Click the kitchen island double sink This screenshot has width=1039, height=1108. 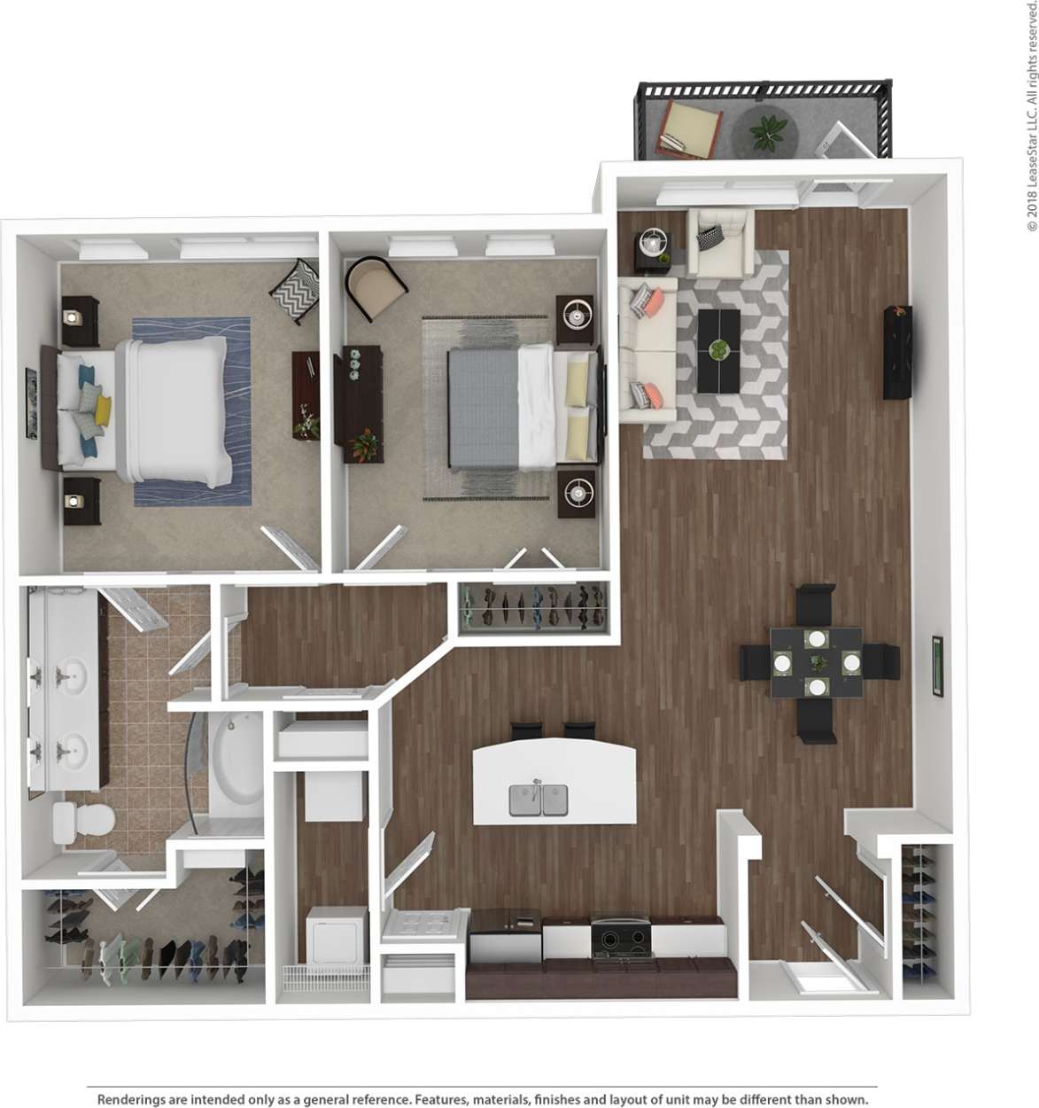[538, 800]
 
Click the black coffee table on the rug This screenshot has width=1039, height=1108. [718, 350]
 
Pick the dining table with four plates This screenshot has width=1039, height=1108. [816, 662]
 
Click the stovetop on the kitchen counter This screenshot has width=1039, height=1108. [621, 937]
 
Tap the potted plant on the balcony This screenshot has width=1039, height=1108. [767, 133]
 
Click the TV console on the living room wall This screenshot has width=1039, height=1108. [896, 352]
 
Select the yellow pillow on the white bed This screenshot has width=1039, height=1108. [103, 410]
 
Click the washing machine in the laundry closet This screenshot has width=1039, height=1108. [337, 934]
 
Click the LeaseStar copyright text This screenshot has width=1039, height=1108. [1031, 115]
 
